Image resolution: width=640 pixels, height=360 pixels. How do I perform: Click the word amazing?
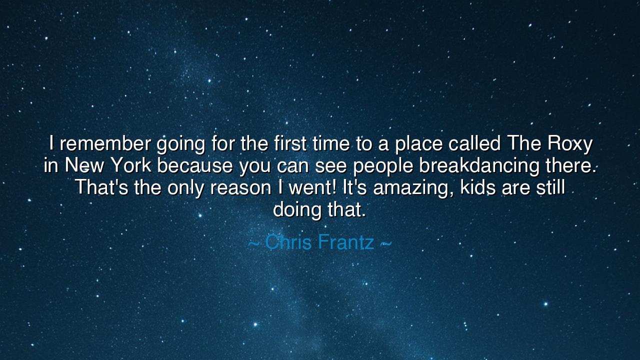point(412,188)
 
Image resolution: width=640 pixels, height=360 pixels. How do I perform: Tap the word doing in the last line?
point(297,209)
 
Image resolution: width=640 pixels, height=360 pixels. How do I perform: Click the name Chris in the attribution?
point(289,242)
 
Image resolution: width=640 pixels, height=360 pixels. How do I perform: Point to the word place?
point(418,144)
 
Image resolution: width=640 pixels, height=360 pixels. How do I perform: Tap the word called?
point(474,144)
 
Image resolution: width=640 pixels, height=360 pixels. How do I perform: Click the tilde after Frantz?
point(385,243)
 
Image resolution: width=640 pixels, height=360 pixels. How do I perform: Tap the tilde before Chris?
point(253,243)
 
